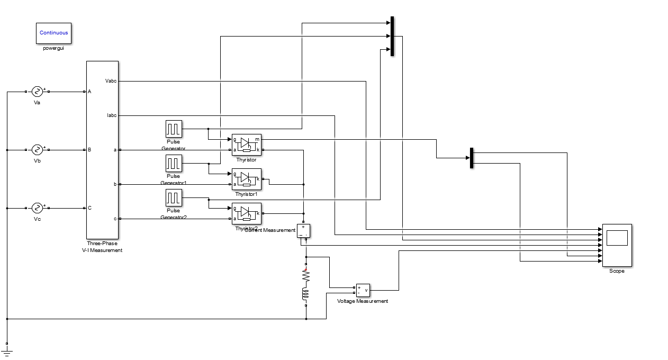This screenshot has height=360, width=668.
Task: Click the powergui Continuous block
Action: [x=54, y=33]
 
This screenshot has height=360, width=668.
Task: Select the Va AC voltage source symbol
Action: [x=37, y=92]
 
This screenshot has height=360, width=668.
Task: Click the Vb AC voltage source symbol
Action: [x=37, y=150]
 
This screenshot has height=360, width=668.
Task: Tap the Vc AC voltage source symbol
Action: [x=37, y=208]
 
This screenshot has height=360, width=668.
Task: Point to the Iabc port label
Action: [x=111, y=115]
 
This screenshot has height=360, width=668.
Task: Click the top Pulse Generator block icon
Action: [x=174, y=129]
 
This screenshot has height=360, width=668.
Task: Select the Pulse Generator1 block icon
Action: [x=174, y=163]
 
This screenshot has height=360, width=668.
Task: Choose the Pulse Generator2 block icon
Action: [x=174, y=198]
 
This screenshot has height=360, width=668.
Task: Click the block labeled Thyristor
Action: [x=247, y=145]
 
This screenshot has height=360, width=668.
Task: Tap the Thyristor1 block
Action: [x=247, y=179]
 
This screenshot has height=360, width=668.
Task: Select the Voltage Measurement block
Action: [x=363, y=290]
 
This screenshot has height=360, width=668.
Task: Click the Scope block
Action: [x=617, y=245]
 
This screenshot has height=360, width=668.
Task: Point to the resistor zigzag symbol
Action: [x=305, y=276]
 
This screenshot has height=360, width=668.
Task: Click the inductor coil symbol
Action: [x=305, y=294]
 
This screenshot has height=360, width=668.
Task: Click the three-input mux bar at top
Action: [x=392, y=36]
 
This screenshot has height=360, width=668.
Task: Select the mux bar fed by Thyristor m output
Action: [x=471, y=158]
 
